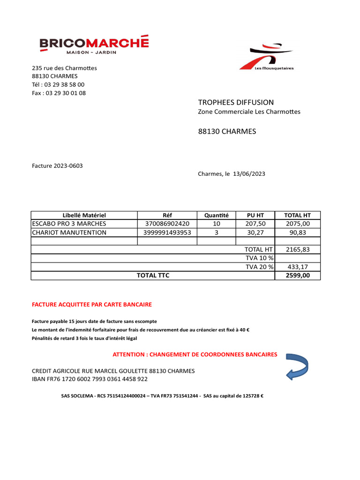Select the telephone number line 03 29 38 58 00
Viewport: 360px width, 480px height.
pos(58,84)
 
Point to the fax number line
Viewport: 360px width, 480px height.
pos(59,93)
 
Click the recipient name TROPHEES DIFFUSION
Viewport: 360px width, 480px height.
pos(236,102)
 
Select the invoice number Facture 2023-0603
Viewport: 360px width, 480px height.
pos(57,165)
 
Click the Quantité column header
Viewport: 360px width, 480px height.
pos(216,215)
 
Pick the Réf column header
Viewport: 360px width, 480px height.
pos(167,215)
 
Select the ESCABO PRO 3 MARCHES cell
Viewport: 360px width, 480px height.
pos(69,224)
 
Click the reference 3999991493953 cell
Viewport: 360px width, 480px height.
pos(167,232)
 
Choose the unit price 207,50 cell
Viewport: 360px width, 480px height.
pos(255,224)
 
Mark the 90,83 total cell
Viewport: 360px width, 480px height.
pos(298,232)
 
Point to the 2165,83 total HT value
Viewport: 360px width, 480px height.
pos(298,249)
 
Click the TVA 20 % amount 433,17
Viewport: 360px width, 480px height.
pos(298,267)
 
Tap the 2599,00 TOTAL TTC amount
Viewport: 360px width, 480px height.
pos(298,275)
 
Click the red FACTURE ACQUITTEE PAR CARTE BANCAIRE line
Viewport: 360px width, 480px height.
pos(92,304)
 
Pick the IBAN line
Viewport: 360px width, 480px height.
pos(90,379)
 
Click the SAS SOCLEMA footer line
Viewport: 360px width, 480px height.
pos(162,396)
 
